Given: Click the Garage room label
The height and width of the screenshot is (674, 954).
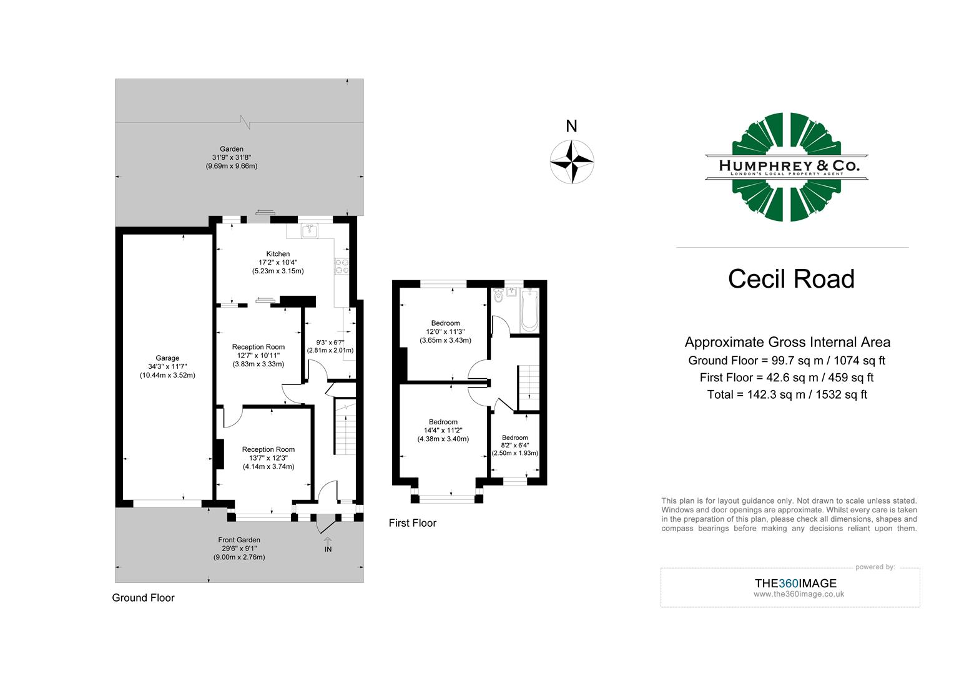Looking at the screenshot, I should point(167,358).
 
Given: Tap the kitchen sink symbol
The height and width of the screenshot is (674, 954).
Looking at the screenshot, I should point(309,231).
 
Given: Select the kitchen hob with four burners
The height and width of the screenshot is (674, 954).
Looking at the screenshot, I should point(342,266).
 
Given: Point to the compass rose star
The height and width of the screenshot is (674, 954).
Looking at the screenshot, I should point(571,162).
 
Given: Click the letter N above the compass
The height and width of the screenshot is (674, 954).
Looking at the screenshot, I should point(571,127).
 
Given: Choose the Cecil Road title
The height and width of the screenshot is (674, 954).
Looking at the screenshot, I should point(790,279).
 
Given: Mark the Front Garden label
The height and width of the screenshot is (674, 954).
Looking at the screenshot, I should point(239,540).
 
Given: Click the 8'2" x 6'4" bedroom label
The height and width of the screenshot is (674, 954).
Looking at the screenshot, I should point(514,445).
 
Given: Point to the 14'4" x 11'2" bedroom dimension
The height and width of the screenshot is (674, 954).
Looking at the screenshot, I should point(443,430).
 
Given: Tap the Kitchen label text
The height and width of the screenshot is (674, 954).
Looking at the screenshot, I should point(278,254).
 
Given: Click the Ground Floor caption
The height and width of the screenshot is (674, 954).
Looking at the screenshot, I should point(143,598).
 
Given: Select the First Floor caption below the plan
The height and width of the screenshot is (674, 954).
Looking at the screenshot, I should point(412,523).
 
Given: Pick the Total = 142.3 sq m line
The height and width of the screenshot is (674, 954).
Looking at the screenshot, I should point(787,394).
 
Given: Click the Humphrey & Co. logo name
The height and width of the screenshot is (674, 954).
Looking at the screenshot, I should point(789,165).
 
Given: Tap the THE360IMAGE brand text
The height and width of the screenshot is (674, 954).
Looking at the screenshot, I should point(795,584).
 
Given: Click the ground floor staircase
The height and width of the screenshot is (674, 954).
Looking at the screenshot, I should point(345,428).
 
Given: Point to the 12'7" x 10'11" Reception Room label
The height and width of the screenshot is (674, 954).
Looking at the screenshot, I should point(258,355).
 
